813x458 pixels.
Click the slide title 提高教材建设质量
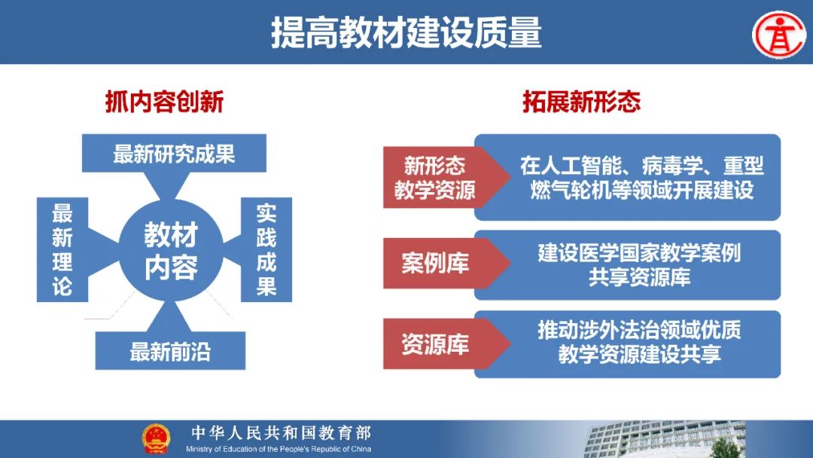(406, 32)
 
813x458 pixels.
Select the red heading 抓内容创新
(164, 102)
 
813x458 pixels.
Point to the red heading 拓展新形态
(581, 102)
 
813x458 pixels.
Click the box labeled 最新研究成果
(174, 154)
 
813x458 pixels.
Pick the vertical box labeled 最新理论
(62, 249)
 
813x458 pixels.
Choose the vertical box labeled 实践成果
(266, 249)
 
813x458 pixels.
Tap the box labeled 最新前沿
(170, 350)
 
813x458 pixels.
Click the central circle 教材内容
(171, 251)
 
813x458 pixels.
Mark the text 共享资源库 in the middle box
(639, 277)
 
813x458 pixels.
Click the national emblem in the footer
(156, 439)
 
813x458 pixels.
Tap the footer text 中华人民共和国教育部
(282, 432)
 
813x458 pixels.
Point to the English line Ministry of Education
(279, 449)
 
